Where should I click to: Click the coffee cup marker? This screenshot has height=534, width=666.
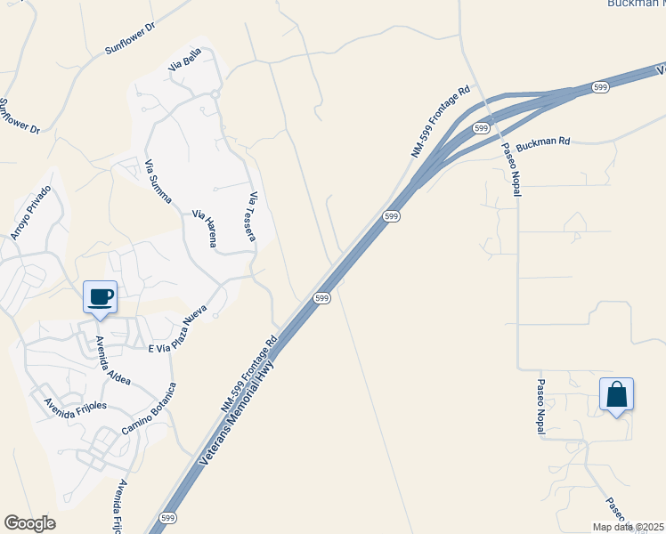tap(100, 297)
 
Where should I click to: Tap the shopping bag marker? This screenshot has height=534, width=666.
tap(616, 394)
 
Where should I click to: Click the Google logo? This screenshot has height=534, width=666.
tap(29, 523)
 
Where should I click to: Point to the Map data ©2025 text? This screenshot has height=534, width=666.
tap(629, 527)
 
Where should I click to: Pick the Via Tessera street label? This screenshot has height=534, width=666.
tap(253, 216)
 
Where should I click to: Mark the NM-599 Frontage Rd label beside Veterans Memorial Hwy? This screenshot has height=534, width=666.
tap(250, 373)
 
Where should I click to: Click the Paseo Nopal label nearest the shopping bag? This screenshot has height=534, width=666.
tap(540, 408)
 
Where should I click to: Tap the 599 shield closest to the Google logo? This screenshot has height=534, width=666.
tap(166, 517)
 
